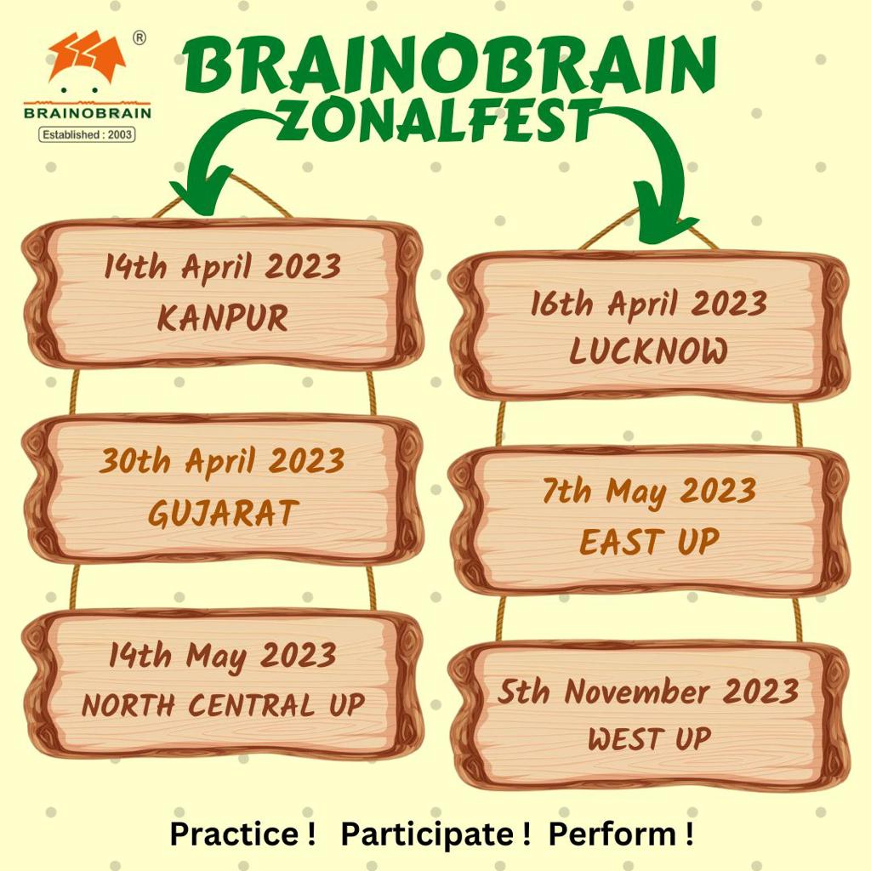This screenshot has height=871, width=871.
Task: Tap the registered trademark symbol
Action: (x=139, y=37)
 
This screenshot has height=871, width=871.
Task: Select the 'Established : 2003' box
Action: (x=87, y=134)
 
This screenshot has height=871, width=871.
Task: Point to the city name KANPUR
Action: (x=223, y=318)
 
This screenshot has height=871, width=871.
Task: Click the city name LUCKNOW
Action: (x=648, y=351)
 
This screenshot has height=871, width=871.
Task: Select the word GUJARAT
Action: (x=224, y=512)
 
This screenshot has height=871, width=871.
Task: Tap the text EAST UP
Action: (x=649, y=541)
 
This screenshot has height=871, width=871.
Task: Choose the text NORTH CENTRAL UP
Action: (x=224, y=705)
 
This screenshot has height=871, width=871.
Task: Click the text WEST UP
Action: (x=649, y=739)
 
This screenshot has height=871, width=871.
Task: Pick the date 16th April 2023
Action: (x=649, y=304)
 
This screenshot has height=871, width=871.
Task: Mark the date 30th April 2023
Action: (x=222, y=462)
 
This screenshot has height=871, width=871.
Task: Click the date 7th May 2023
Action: (x=649, y=492)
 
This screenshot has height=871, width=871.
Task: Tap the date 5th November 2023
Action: (x=648, y=691)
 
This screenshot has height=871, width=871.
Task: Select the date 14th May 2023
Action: (x=223, y=656)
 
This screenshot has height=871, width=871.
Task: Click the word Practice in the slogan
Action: (x=235, y=834)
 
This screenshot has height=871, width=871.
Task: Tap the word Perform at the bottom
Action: (x=612, y=834)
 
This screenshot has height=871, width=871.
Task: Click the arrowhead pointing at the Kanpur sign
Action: (x=201, y=191)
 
